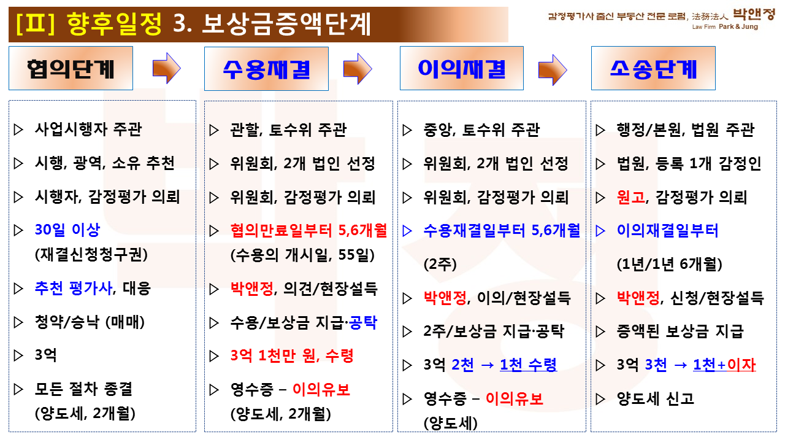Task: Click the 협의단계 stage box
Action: click(71, 68)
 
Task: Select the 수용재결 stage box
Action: click(266, 69)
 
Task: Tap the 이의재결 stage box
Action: click(462, 68)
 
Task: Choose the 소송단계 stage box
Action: click(653, 68)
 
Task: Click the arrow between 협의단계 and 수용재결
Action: click(167, 68)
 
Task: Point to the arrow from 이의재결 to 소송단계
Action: click(553, 70)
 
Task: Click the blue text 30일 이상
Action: click(67, 230)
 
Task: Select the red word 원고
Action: click(631, 197)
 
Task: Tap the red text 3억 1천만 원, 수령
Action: click(292, 355)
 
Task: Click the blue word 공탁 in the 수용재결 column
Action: click(363, 322)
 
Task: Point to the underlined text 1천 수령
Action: click(528, 365)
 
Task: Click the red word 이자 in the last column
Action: click(741, 365)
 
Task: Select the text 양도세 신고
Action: click(656, 398)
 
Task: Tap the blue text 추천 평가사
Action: click(74, 289)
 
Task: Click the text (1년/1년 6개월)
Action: click(669, 264)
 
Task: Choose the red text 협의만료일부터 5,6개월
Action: click(308, 230)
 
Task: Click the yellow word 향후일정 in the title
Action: click(114, 24)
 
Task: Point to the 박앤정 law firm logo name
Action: click(754, 14)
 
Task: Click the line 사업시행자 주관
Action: click(88, 130)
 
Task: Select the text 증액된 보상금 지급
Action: click(680, 331)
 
